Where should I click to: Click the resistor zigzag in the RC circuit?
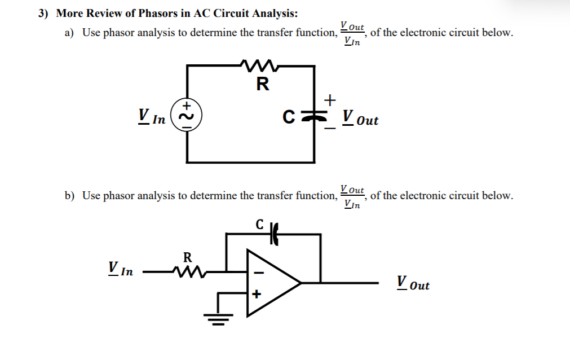[257, 65]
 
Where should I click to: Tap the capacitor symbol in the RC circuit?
[314, 116]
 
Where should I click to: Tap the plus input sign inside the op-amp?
[257, 294]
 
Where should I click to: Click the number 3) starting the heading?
[44, 14]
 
